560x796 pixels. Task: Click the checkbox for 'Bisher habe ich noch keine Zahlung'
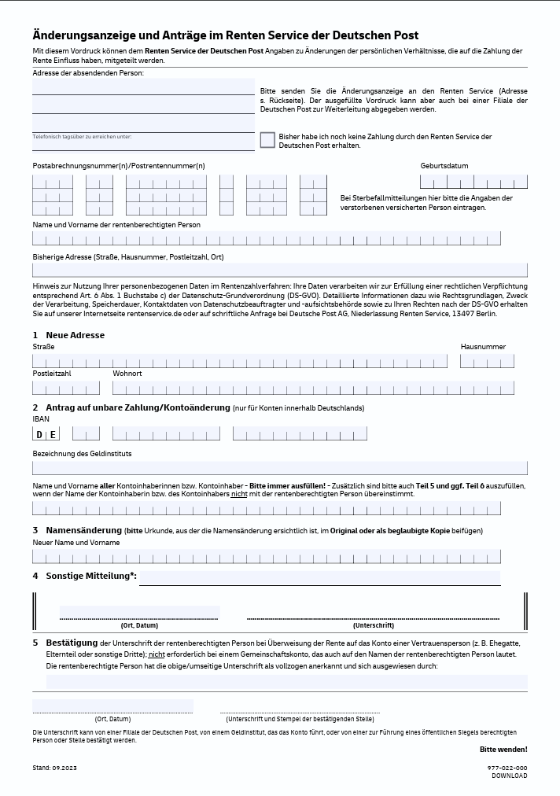click(267, 140)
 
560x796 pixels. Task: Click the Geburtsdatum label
click(444, 166)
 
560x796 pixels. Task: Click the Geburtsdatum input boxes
click(473, 182)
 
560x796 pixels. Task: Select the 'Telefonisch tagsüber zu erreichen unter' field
click(143, 143)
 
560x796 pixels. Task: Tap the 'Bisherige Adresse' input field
click(279, 270)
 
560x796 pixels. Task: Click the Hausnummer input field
click(487, 361)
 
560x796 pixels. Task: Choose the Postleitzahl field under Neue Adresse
click(66, 388)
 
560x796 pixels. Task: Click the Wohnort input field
click(313, 388)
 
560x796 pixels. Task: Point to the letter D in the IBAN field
click(39, 434)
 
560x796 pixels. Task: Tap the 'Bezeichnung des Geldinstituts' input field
click(279, 468)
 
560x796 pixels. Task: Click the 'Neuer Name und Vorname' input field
click(266, 557)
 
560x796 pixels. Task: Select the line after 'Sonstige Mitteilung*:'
click(319, 579)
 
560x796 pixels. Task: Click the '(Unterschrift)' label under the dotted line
click(373, 626)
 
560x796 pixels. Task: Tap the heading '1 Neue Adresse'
click(68, 335)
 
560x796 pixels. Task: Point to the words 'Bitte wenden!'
click(503, 750)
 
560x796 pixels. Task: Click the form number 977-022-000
click(507, 768)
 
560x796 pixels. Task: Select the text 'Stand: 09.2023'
click(54, 768)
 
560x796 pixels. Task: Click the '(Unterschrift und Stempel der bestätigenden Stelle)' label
click(300, 719)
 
